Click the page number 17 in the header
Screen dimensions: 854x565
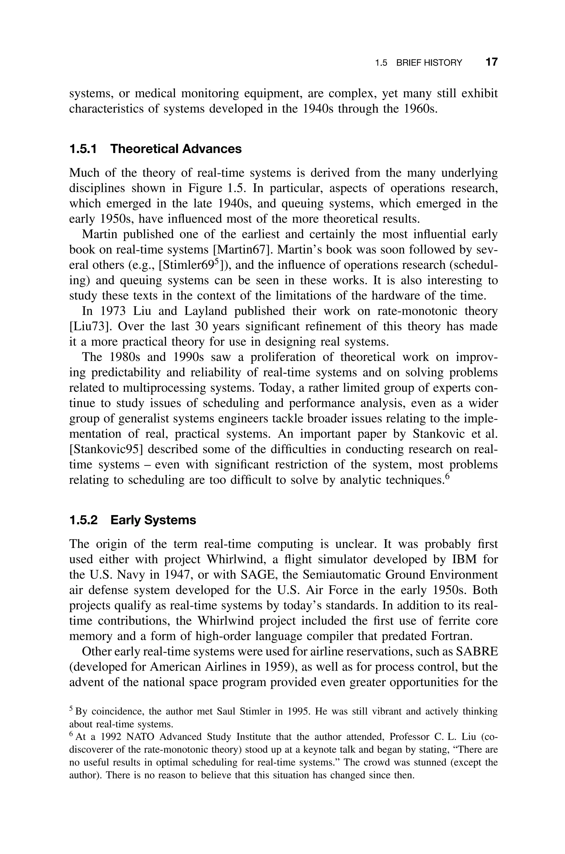point(492,62)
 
